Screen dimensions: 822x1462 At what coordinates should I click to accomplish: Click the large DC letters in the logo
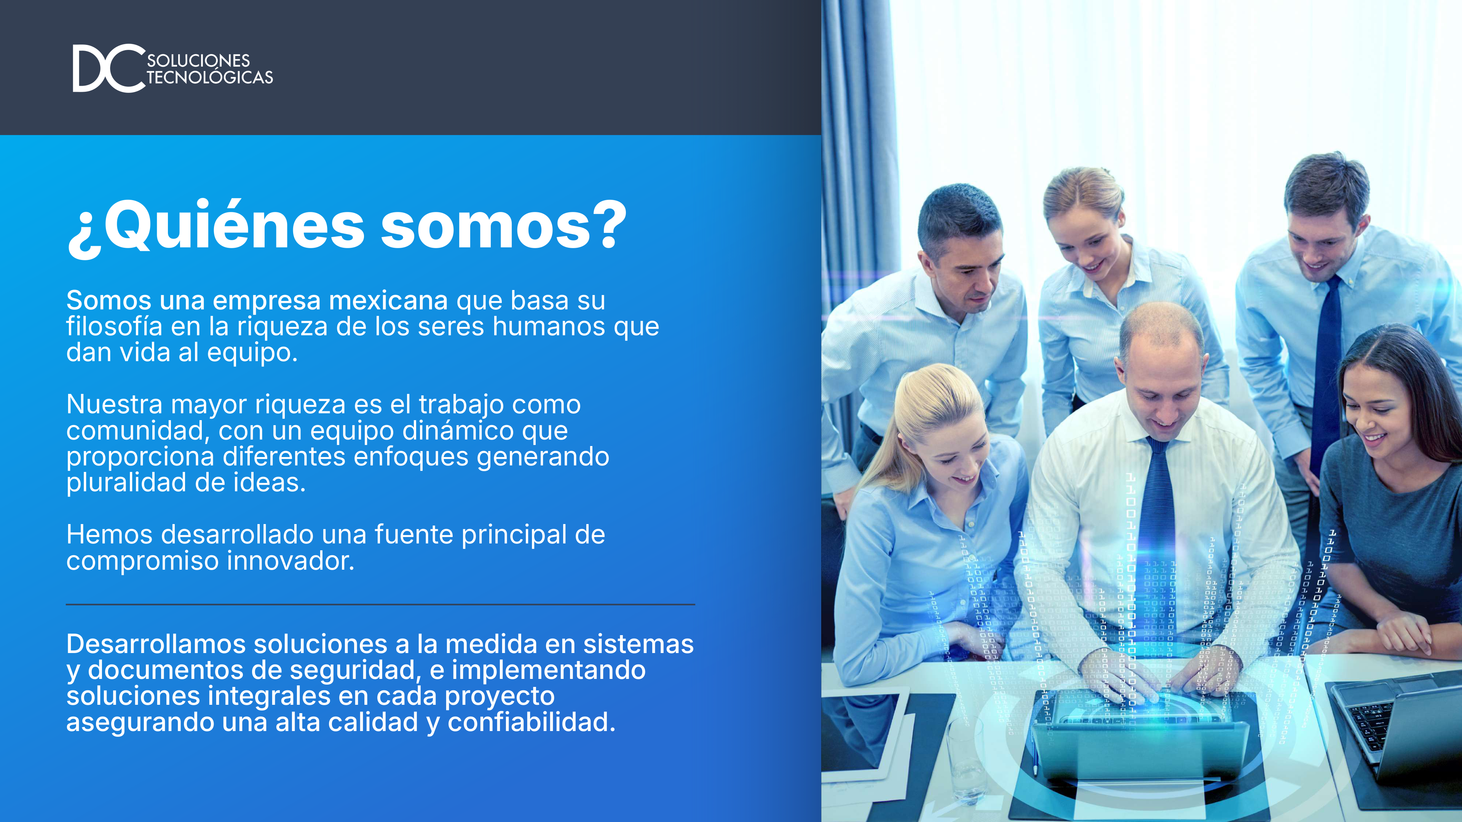[108, 68]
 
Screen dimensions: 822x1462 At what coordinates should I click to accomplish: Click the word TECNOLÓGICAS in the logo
[210, 78]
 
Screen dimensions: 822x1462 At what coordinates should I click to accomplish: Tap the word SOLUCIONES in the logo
[199, 60]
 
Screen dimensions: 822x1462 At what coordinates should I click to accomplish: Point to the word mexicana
[388, 301]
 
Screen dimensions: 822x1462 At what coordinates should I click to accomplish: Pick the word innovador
[290, 561]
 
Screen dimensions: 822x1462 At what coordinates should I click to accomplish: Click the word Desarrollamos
[156, 644]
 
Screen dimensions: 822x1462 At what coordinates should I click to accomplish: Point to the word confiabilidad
[531, 723]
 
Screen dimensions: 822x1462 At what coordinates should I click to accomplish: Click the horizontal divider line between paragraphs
[380, 605]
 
